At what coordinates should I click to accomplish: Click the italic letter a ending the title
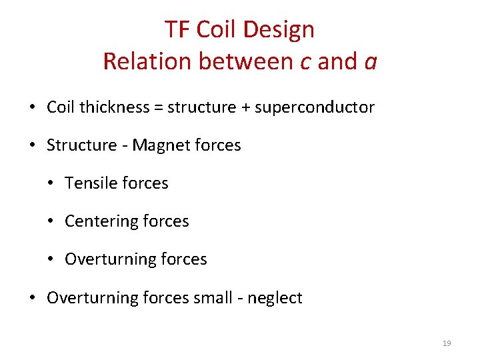click(371, 62)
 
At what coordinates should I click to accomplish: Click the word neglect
click(275, 298)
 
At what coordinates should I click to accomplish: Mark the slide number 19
click(447, 343)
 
